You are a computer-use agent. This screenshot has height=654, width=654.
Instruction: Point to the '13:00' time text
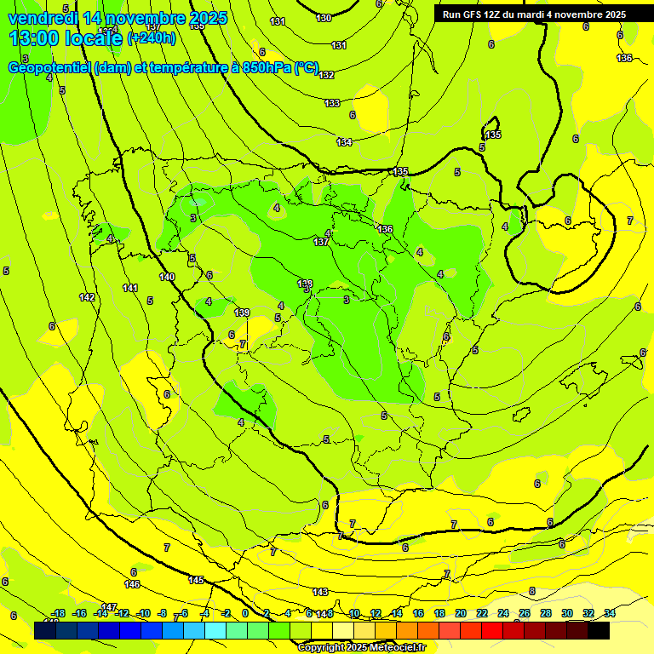pos(34,37)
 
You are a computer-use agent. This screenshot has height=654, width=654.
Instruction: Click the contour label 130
pos(324,18)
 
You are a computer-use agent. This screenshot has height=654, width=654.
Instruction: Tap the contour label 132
pos(326,75)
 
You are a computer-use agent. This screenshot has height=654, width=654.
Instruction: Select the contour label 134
pos(344,142)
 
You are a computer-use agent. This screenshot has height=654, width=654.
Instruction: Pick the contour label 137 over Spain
pos(321,243)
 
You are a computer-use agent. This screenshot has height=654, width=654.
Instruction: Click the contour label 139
pos(243,313)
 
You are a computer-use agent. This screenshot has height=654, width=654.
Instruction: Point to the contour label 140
pos(167,277)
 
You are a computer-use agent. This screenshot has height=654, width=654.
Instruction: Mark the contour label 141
pos(130,288)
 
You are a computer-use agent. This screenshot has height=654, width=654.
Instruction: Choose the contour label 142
pos(87,297)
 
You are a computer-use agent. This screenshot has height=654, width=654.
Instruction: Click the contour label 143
pos(320,592)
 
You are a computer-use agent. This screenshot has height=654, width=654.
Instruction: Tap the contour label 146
pos(132,584)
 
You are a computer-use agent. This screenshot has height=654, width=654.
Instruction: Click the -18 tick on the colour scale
pos(58,613)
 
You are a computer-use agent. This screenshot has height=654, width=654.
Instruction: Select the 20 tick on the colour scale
pos(461,613)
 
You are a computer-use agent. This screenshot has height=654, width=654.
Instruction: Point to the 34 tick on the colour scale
pos(610,613)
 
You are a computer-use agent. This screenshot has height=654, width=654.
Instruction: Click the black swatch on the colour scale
pos(599,630)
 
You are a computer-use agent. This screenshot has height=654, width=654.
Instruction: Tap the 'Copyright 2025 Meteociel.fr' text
pos(361,647)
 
